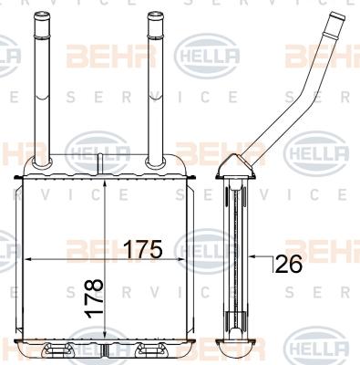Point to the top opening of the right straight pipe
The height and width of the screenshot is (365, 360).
pos(152,14)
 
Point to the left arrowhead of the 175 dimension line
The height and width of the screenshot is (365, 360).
pos(25,260)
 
